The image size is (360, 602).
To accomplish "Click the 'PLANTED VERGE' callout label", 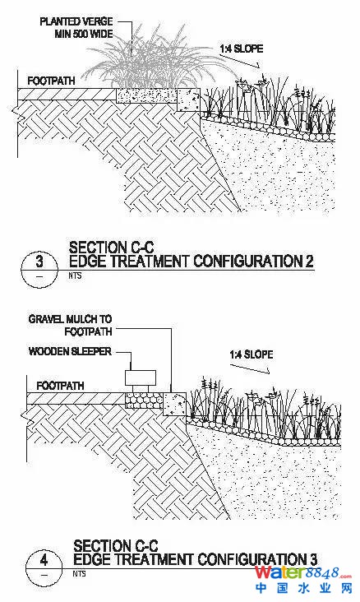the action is [76, 21].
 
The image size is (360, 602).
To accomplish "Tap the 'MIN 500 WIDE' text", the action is [84, 34].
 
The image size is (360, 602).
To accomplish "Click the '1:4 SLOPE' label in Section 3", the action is [242, 49].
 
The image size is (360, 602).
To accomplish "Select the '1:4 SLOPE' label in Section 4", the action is [252, 354].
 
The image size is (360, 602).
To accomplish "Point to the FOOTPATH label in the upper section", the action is [51, 81].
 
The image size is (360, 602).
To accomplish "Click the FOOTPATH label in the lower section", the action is [60, 385].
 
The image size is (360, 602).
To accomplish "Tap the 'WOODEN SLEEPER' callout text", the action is [70, 351].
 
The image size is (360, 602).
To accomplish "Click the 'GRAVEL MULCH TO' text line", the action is [70, 318].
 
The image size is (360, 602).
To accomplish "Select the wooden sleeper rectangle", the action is [141, 377].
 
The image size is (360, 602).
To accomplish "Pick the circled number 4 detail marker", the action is [44, 567].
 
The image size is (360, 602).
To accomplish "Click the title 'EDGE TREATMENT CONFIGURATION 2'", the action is [192, 261].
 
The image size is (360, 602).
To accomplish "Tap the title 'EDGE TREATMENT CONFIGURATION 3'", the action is [196, 559].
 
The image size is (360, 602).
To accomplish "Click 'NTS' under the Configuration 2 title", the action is [76, 276].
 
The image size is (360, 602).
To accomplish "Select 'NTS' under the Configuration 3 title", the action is [79, 573].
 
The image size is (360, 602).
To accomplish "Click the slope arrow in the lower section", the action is [250, 367].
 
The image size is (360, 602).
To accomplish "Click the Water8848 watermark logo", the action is [303, 581].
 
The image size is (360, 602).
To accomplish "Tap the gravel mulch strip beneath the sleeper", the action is [145, 400].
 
